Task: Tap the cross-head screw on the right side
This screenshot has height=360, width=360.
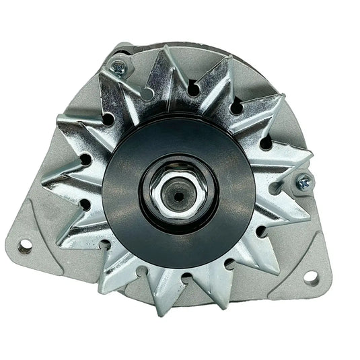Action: (x=303, y=180)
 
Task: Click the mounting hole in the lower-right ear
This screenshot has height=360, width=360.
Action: (x=311, y=276)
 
